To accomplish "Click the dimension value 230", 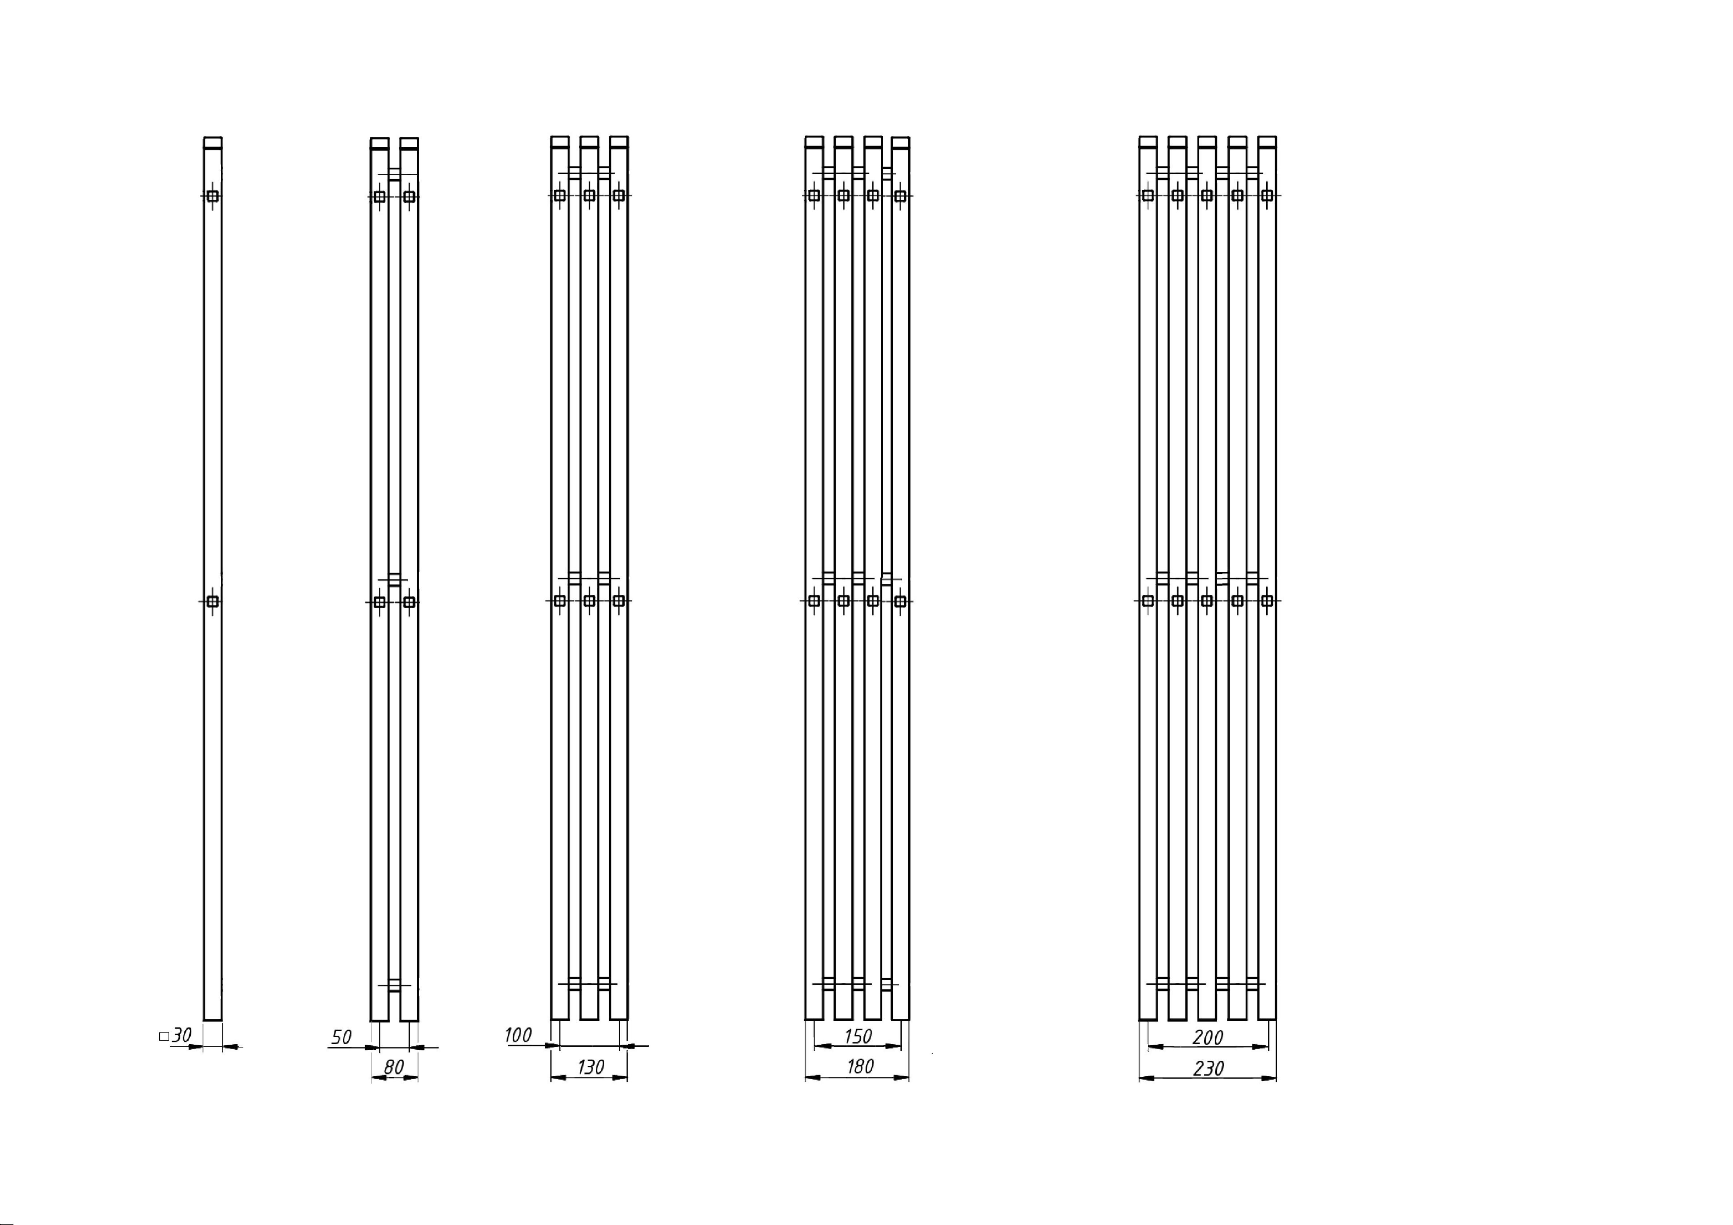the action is click(x=1208, y=1068).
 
